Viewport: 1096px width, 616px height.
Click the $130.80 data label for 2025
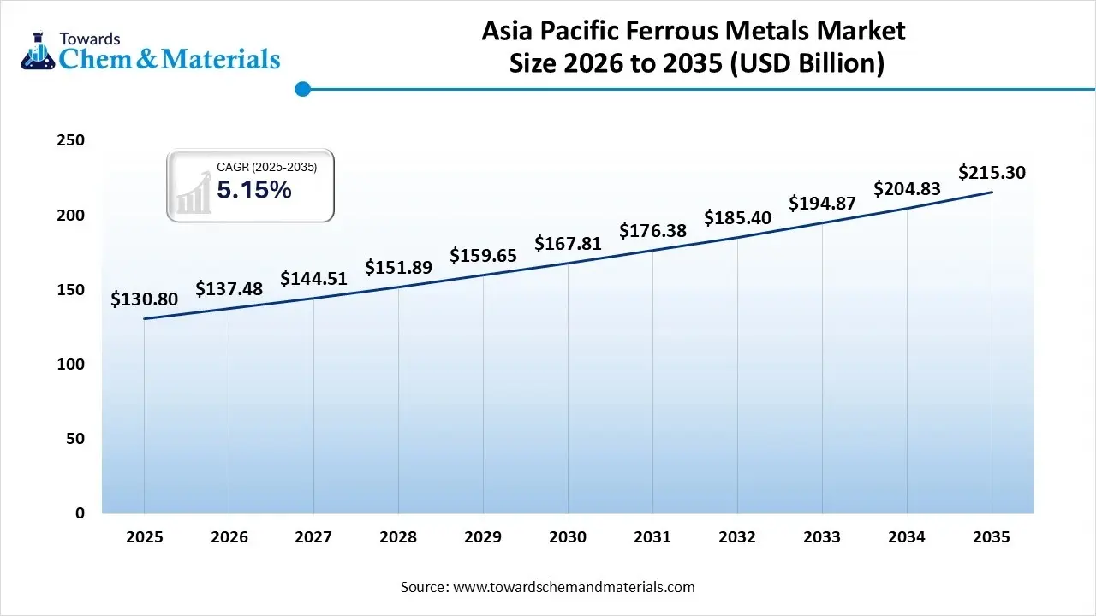144,299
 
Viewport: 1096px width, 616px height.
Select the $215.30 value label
992,173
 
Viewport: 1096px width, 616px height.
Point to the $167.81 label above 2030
568,244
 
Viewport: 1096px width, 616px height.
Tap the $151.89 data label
398,268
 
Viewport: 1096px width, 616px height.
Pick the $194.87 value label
822,204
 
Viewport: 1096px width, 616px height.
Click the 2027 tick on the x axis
313,537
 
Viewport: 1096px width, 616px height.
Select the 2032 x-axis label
737,537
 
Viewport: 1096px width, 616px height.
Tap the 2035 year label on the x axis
992,537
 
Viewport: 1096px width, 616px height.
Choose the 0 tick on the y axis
80,513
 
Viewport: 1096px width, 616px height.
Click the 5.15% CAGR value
253,191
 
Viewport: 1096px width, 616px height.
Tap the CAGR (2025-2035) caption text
266,168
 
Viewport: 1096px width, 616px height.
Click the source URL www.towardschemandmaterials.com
573,587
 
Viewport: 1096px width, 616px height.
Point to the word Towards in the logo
89,38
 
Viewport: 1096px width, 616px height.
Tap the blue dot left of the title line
301,88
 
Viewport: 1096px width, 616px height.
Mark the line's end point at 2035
992,192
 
